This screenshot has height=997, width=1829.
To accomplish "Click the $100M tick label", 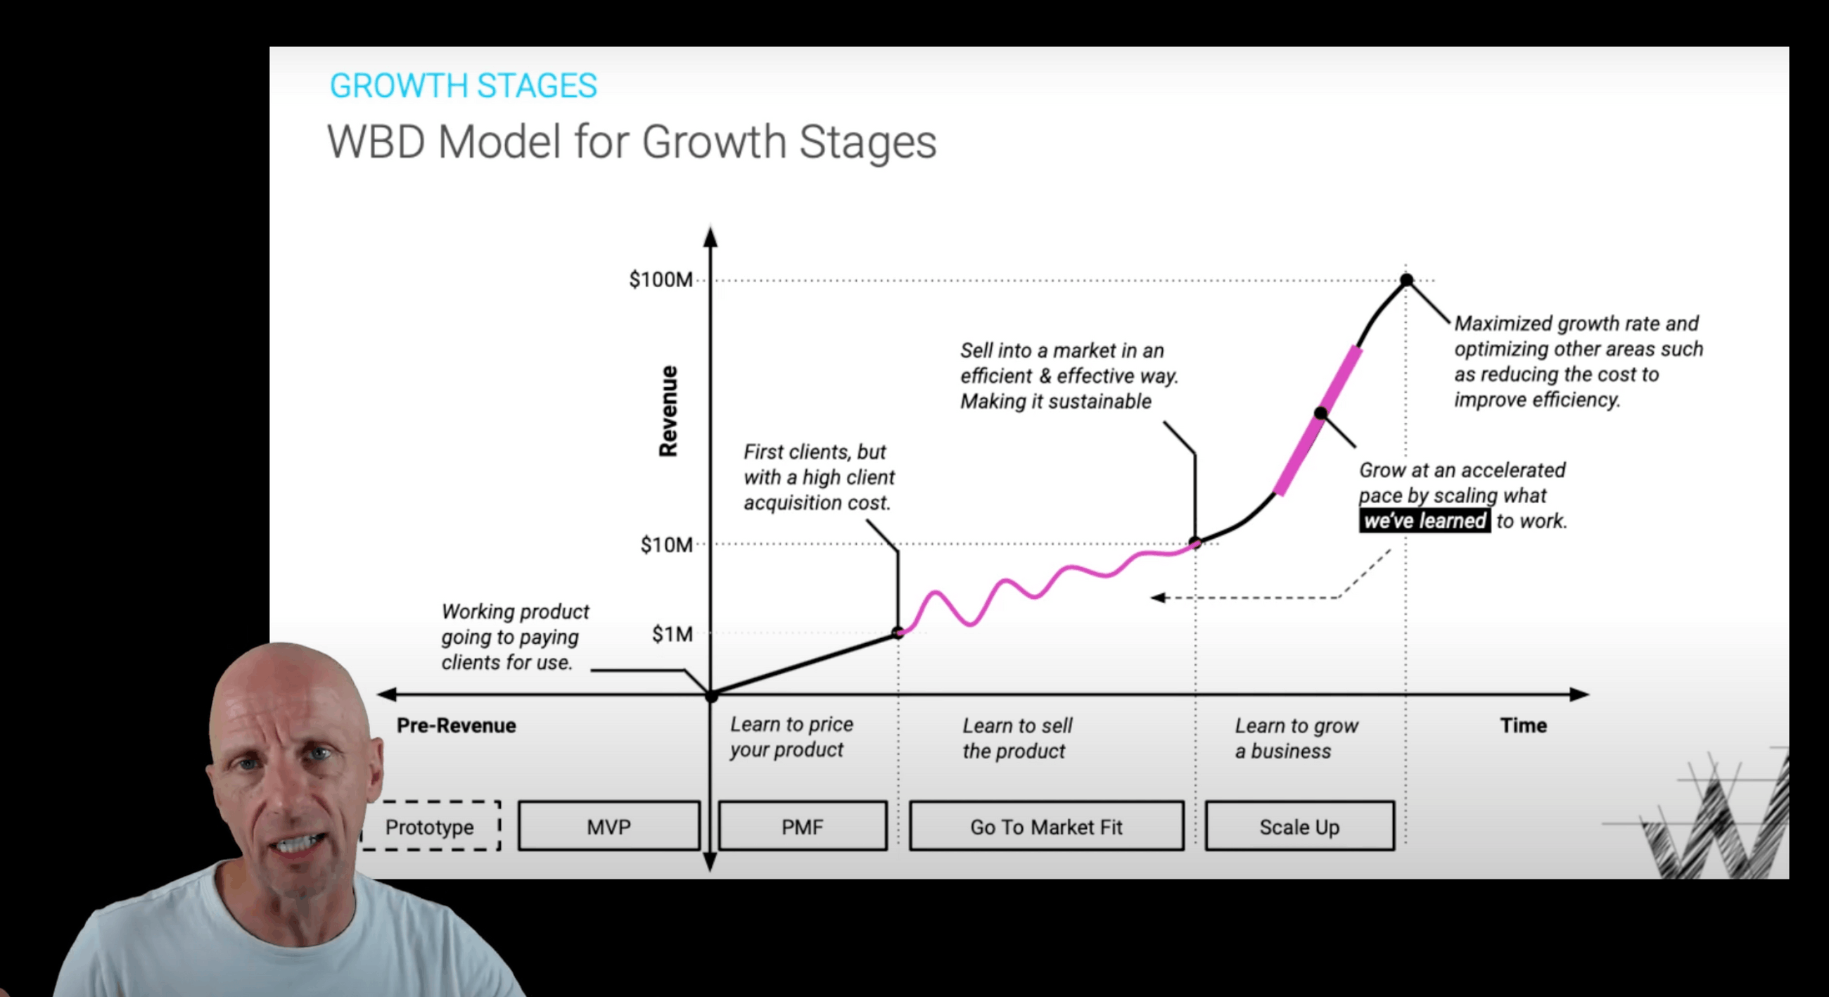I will [x=661, y=280].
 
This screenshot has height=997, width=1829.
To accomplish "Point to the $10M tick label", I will [x=666, y=545].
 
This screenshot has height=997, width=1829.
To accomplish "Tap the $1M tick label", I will [x=672, y=633].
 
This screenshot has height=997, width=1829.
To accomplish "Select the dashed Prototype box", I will [x=430, y=827].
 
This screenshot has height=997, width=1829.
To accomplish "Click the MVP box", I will [x=608, y=827].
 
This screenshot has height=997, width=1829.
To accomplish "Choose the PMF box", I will [x=803, y=827].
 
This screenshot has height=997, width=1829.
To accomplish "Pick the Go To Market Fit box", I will [x=1046, y=827].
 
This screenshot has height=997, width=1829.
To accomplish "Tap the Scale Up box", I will [x=1299, y=827].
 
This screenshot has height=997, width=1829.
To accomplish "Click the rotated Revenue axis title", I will [x=668, y=411].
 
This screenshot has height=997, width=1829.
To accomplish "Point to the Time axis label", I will [x=1523, y=725].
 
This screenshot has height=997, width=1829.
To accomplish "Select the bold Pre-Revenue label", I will [x=456, y=725].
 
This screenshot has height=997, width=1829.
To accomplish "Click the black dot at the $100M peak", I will [x=1406, y=280].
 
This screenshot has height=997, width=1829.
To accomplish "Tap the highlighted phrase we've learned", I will [x=1425, y=521].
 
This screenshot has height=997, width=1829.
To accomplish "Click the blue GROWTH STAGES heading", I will [x=463, y=86].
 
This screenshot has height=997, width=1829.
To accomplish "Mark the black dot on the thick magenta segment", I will [x=1320, y=412].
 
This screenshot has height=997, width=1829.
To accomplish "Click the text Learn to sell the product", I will [x=1017, y=738].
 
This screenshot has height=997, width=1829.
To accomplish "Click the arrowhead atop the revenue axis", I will [x=710, y=236].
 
